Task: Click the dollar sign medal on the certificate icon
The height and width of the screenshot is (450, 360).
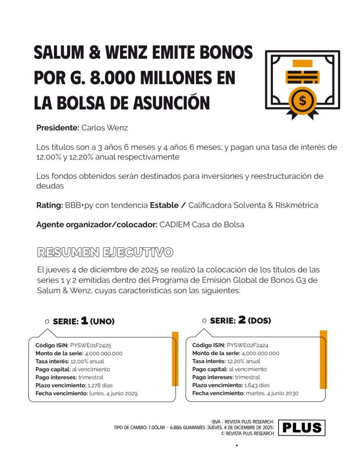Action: [x=302, y=100]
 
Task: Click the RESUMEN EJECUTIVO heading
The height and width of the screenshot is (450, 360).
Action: [x=105, y=252]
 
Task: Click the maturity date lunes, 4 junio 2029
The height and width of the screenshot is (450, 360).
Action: [x=113, y=393]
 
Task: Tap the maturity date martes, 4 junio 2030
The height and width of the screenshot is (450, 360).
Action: [x=272, y=393]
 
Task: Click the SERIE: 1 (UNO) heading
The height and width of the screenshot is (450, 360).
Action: [x=83, y=321]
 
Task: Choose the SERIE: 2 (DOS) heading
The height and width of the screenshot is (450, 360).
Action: [x=240, y=321]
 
